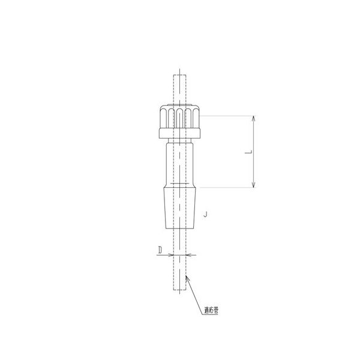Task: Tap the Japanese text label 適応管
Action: click(211, 311)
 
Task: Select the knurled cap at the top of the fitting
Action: click(180, 118)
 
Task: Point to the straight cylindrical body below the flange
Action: click(180, 165)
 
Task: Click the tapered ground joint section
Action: click(180, 207)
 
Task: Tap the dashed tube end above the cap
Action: click(180, 78)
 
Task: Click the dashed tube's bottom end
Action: click(180, 290)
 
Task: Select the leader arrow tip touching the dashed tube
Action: click(188, 276)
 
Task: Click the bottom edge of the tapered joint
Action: click(180, 228)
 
